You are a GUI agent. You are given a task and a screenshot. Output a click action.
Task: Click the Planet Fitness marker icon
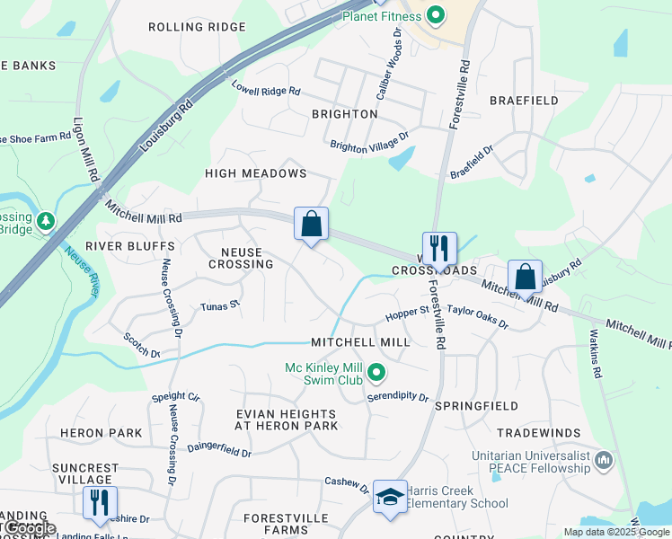436,15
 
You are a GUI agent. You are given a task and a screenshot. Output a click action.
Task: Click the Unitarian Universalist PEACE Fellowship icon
604,461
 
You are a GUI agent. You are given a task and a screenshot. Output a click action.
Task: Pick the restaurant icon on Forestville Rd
439,247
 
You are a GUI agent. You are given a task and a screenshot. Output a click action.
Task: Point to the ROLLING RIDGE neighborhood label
197,27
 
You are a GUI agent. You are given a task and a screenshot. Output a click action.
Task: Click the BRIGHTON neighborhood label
344,114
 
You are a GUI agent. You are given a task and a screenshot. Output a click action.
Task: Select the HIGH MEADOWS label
256,173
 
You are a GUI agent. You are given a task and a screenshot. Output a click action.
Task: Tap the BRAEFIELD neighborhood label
524,101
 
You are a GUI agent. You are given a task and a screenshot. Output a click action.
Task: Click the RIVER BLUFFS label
130,246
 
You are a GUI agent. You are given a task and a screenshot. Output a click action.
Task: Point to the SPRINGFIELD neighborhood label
476,406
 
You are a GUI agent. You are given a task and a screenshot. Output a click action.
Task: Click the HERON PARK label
102,433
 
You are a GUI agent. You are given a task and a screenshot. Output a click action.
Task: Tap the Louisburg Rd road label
167,128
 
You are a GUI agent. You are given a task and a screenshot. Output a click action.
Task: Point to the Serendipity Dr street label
399,396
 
